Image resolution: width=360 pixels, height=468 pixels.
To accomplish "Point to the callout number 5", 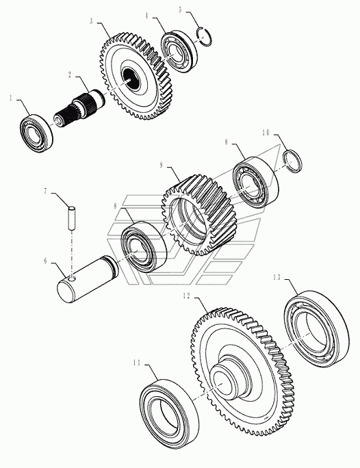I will click(180, 10).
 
